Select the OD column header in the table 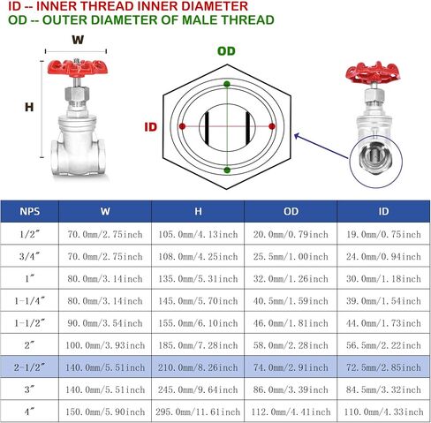click(x=291, y=211)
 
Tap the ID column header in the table click(x=382, y=211)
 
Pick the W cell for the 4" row click(x=104, y=411)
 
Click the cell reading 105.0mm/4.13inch click(x=198, y=234)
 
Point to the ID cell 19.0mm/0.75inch click(x=382, y=234)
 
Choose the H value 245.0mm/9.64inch click(x=198, y=388)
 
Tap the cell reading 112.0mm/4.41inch click(x=291, y=411)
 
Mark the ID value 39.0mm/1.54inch click(x=382, y=299)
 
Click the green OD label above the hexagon click(x=227, y=51)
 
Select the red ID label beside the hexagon click(x=150, y=127)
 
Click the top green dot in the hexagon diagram click(x=227, y=84)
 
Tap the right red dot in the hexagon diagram click(x=271, y=126)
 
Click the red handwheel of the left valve click(x=78, y=67)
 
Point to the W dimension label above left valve click(x=78, y=40)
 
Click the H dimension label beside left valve click(x=28, y=107)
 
